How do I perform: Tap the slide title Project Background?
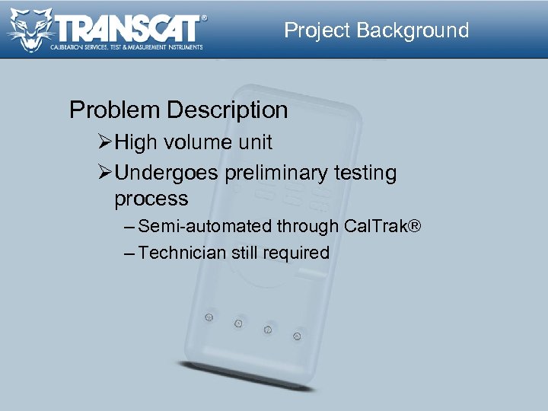[376, 30]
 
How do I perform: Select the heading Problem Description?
[178, 110]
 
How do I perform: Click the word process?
[151, 199]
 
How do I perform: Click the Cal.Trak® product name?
[382, 226]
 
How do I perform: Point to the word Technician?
[183, 253]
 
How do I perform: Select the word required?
[296, 253]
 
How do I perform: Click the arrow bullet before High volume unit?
[106, 142]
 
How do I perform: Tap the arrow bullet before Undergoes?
[106, 174]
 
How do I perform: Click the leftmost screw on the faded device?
[208, 317]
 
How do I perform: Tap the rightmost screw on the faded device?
[297, 336]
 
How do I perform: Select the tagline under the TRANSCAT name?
[126, 47]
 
